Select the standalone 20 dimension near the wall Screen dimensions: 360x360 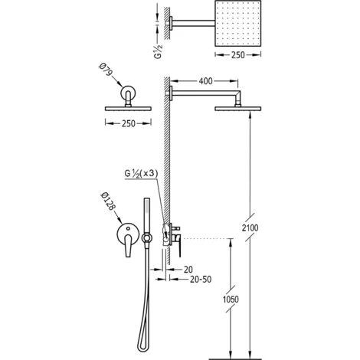point(188,270)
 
